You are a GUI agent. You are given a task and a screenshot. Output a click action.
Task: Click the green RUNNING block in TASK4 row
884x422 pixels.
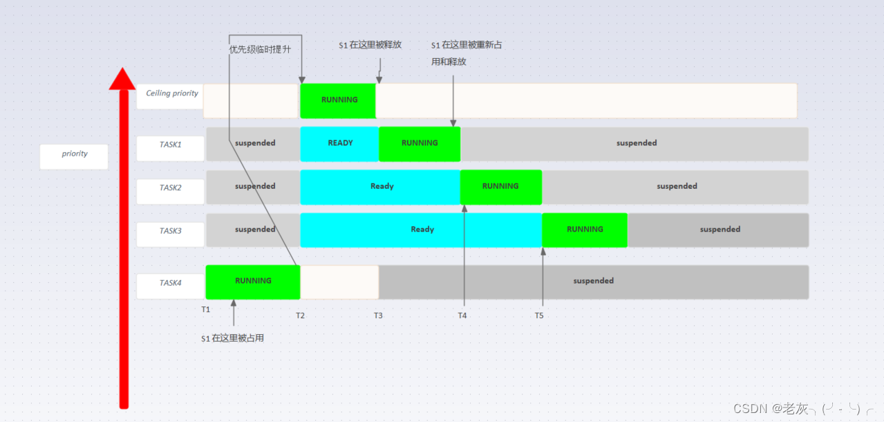pos(253,282)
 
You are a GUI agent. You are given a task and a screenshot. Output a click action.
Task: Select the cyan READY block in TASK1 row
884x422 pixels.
pos(339,143)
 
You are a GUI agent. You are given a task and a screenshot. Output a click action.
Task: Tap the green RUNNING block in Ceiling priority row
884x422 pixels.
pos(338,100)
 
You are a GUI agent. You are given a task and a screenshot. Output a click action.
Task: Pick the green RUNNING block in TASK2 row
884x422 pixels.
pos(500,187)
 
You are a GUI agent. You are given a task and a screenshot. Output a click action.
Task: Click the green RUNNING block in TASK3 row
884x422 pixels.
pos(585,230)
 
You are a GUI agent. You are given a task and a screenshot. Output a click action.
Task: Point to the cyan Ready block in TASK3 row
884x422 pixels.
pos(421,230)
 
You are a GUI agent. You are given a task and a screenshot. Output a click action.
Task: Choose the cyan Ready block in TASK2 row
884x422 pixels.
pos(381,187)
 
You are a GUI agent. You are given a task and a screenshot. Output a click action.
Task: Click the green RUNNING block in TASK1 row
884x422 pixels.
pos(420,143)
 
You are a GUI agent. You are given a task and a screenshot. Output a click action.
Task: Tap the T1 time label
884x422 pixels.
pos(206,310)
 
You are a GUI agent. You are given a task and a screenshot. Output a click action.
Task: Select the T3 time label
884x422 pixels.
pos(378,315)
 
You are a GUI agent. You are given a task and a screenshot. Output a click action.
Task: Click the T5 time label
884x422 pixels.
pos(539,315)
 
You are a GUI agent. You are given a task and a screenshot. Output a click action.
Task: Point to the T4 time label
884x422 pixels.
pos(462,315)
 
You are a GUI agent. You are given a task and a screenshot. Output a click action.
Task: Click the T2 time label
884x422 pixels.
pos(300,315)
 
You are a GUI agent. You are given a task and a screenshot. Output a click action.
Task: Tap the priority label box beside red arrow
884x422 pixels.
pos(74,156)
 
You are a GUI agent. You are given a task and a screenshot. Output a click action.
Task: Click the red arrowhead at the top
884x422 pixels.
pos(122,79)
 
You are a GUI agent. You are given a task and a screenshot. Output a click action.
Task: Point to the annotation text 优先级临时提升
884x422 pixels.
pos(260,50)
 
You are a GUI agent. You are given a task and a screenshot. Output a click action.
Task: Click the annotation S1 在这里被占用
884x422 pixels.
pos(232,338)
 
